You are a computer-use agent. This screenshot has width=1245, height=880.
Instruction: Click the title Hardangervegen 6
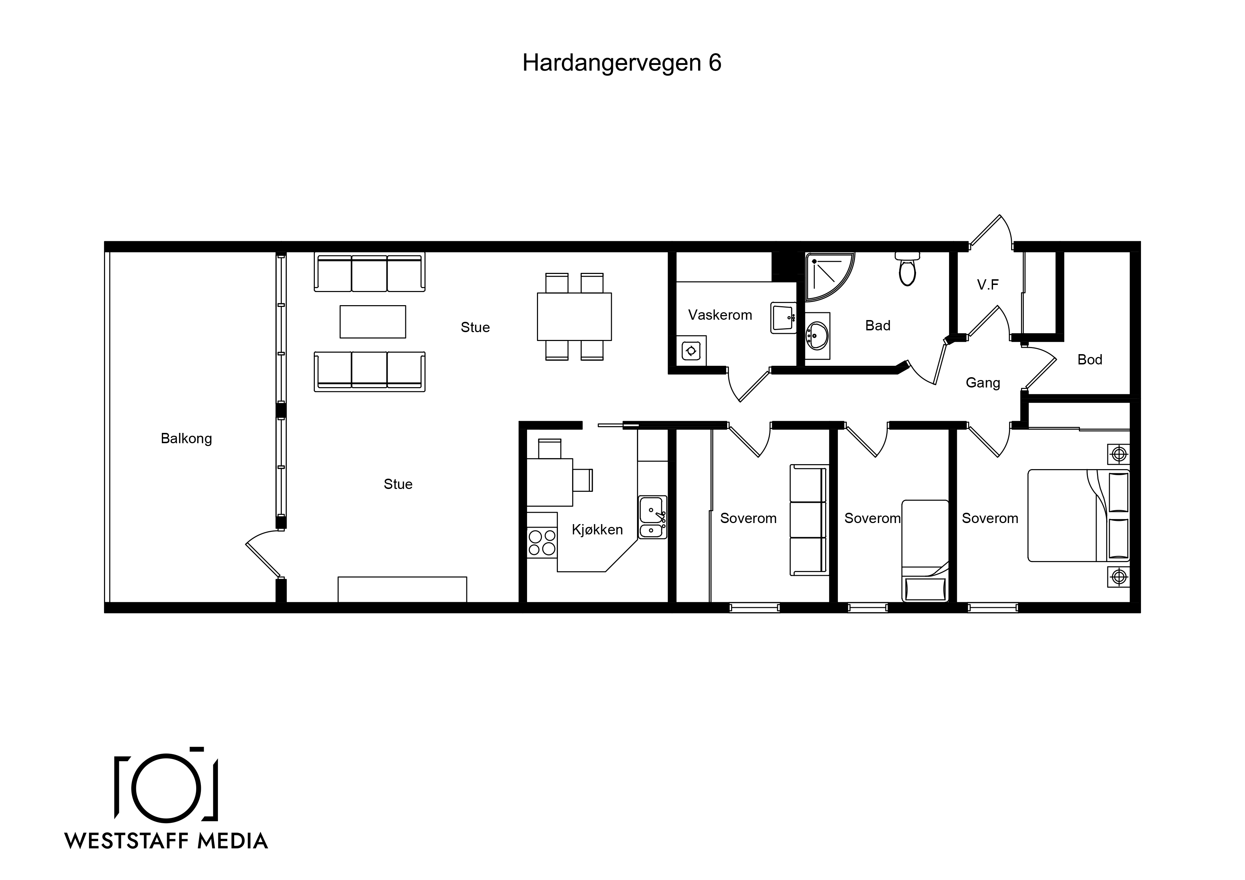pyautogui.click(x=621, y=63)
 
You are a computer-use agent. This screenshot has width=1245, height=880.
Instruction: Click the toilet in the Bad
pyautogui.click(x=907, y=269)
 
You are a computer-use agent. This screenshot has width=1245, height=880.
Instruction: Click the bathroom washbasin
pyautogui.click(x=817, y=336)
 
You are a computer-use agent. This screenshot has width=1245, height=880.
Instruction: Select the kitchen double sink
pyautogui.click(x=652, y=517)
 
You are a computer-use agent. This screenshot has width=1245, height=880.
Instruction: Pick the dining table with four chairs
pyautogui.click(x=574, y=317)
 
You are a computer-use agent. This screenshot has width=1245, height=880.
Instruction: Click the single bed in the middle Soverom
pyautogui.click(x=925, y=550)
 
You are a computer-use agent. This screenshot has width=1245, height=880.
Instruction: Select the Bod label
pyautogui.click(x=1090, y=359)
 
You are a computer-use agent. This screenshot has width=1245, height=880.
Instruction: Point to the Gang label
pyautogui.click(x=983, y=383)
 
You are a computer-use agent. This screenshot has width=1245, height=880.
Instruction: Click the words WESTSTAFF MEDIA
pyautogui.click(x=166, y=841)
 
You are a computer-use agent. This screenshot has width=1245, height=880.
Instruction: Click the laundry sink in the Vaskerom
pyautogui.click(x=783, y=318)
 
